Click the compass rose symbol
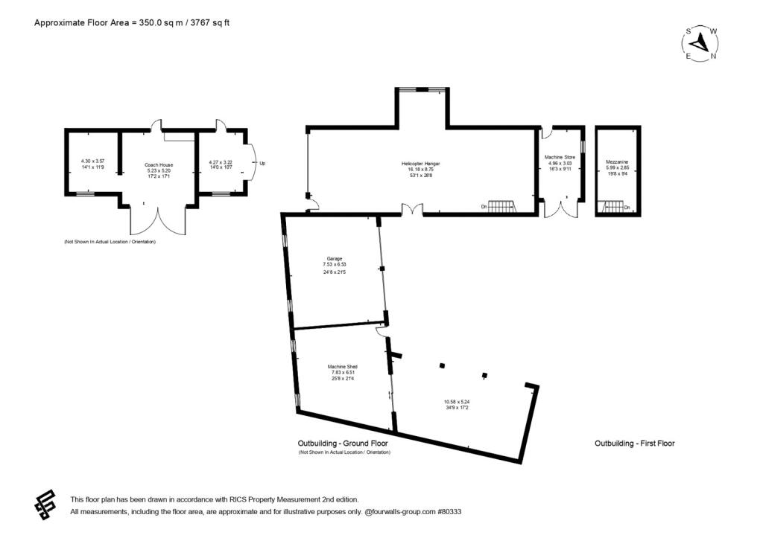700,44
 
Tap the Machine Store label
561,158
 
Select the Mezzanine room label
616,161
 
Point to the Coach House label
159,164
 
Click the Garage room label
334,258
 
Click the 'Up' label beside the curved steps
262,163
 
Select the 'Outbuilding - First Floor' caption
634,443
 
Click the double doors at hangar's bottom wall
413,209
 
